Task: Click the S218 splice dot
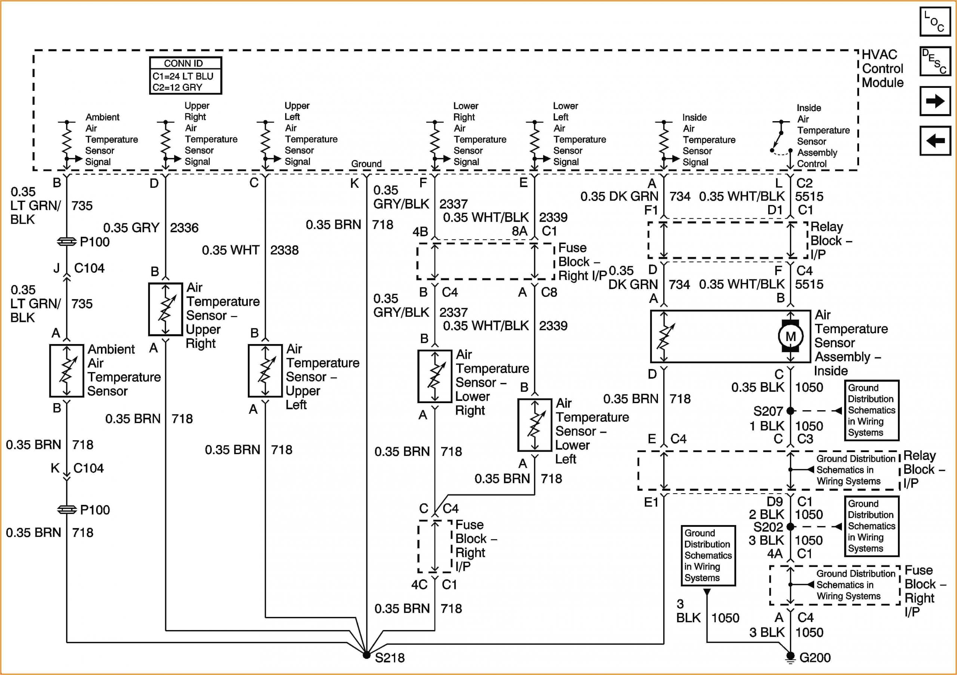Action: coord(366,655)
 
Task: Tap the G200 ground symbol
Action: coord(790,657)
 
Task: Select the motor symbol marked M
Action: coord(790,336)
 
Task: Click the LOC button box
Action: coord(935,21)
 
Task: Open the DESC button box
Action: coord(935,61)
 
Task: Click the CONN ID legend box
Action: coord(185,76)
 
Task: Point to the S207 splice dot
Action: coord(790,411)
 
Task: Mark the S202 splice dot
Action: coord(790,527)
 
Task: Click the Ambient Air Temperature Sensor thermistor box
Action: coord(67,371)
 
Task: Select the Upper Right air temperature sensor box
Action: coord(166,309)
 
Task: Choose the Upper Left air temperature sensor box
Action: coord(265,371)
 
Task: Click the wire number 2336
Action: coord(184,228)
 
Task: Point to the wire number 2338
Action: coord(284,251)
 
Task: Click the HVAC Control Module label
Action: coord(882,69)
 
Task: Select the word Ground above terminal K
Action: coord(366,164)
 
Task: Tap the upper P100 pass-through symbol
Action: coord(67,242)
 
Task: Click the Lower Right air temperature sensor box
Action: coord(435,377)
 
